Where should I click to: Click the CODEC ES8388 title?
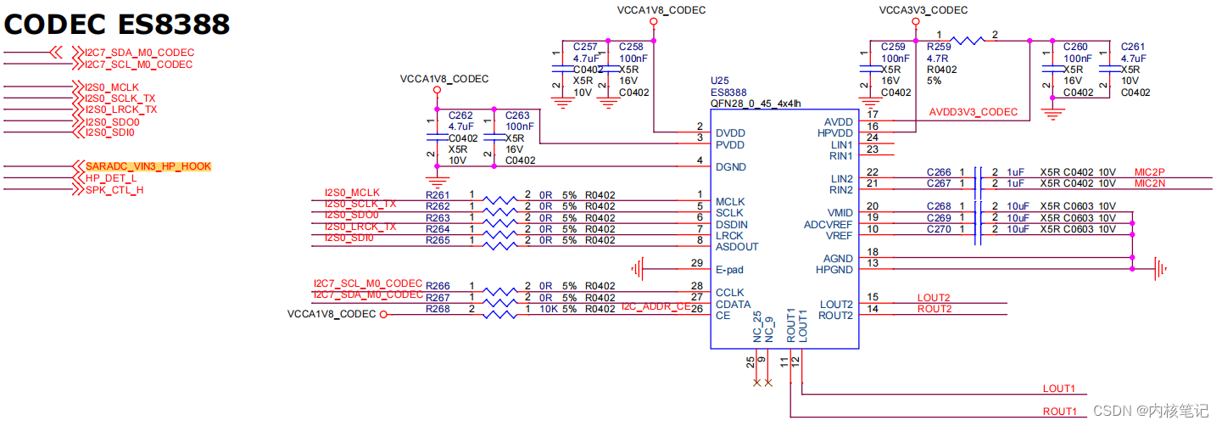coord(117,24)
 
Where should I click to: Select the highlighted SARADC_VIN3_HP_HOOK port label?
coord(148,166)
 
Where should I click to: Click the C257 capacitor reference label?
coord(585,47)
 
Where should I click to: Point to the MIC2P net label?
coord(1149,172)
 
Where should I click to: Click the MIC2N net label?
coord(1149,183)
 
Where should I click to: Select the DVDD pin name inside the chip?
coord(731,133)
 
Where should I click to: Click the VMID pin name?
coord(840,213)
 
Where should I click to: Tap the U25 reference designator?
coord(719,81)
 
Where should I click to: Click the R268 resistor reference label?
coord(438,309)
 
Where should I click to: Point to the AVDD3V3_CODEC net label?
coord(973,112)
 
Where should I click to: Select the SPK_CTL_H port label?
coord(114,189)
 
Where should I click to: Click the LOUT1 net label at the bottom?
coord(1059,389)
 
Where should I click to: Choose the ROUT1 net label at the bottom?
coord(1059,412)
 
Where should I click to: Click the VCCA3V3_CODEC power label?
coord(923,10)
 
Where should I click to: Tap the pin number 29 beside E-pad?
coord(697,263)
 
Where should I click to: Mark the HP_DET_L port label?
coord(110,178)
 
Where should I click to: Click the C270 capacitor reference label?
coord(939,229)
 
